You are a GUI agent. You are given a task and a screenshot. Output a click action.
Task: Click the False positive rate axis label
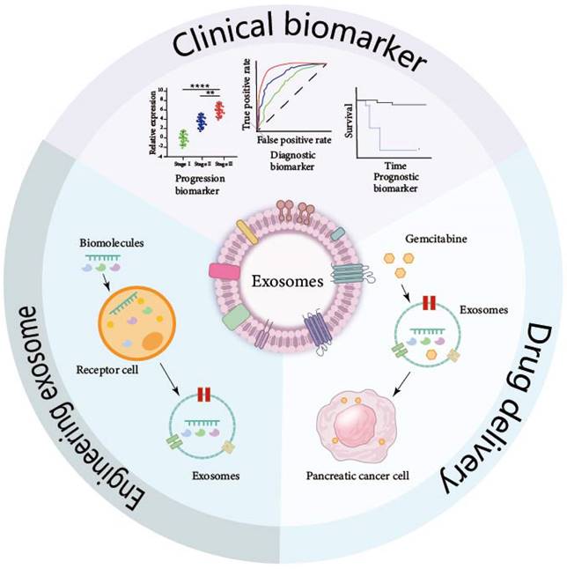pyautogui.click(x=291, y=140)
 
